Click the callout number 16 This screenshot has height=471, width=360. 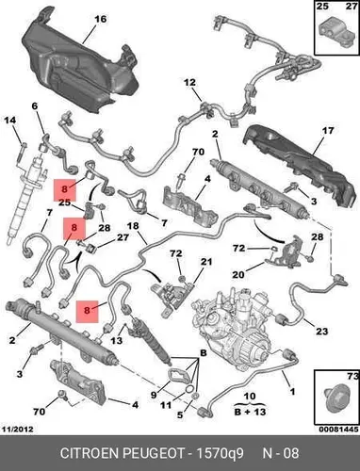click(x=101, y=19)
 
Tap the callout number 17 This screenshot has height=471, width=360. click(x=328, y=130)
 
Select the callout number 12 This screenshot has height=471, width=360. click(x=189, y=83)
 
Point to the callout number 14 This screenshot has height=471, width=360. click(x=9, y=120)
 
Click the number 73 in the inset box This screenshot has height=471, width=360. click(x=352, y=376)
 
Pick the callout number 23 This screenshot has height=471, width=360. click(x=321, y=331)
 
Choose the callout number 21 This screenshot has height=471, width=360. click(x=206, y=262)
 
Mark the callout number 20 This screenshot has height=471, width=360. click(x=238, y=275)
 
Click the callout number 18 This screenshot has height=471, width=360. click(x=133, y=226)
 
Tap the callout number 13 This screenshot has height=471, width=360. click(x=117, y=340)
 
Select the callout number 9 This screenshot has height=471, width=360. click(x=154, y=395)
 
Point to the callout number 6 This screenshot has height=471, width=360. click(x=35, y=106)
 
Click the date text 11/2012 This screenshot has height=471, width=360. click(x=18, y=430)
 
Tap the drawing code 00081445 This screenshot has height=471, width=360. click(x=338, y=430)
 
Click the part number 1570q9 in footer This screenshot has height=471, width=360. click(x=220, y=453)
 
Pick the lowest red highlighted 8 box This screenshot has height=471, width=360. click(x=88, y=311)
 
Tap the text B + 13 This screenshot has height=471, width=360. click(x=250, y=412)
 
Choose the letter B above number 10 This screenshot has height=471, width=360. click(x=204, y=353)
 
